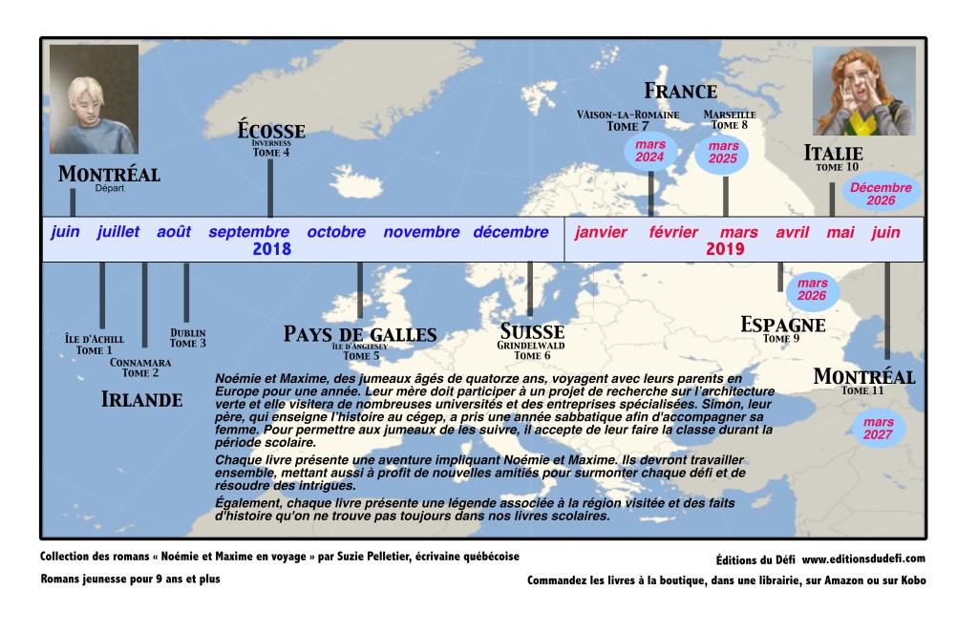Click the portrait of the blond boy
94,99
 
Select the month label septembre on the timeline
248,232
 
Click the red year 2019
725,249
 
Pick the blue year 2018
271,249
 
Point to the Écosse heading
271,131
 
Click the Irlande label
141,400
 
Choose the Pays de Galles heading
360,334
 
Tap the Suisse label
532,332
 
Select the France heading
680,92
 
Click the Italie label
833,153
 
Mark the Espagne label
783,325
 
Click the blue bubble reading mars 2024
650,151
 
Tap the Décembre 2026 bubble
881,194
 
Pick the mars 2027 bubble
878,429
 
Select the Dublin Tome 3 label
188,338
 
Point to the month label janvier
601,232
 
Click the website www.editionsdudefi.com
863,558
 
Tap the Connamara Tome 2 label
140,368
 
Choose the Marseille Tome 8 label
730,119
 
